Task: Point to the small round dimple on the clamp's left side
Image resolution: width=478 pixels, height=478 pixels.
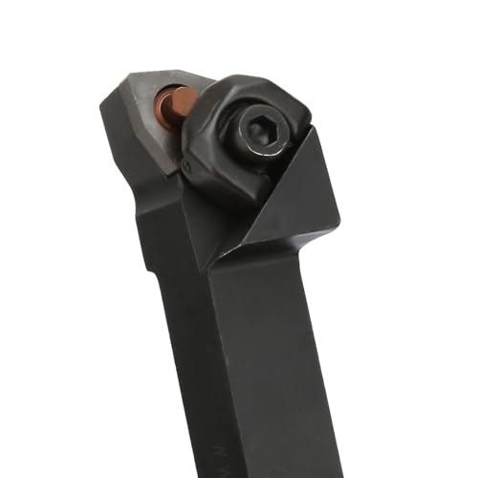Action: (187, 168)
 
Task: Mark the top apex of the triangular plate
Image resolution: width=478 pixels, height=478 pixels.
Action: (312, 132)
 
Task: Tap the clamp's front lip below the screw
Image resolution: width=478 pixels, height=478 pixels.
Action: (229, 191)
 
